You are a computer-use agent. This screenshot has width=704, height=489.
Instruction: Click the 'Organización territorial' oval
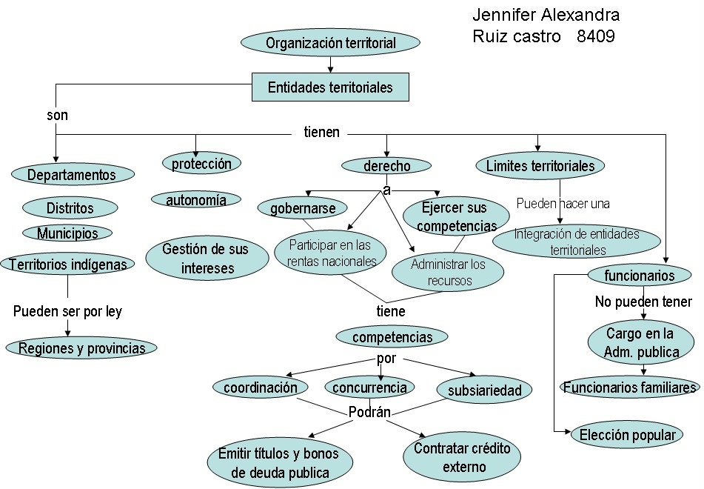[330, 43]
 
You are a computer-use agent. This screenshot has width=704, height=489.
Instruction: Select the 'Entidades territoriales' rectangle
[330, 87]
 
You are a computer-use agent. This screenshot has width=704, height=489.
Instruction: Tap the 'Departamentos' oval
[72, 175]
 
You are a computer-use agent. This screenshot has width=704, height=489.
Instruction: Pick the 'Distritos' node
[70, 208]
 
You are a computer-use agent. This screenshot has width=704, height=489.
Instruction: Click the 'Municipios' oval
[67, 233]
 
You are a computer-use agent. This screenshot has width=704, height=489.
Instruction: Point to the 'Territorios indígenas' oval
[67, 264]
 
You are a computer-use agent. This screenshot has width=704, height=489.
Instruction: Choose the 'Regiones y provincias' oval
[81, 348]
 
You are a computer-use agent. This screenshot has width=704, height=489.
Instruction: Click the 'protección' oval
[201, 164]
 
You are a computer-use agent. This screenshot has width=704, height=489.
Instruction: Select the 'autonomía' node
[196, 200]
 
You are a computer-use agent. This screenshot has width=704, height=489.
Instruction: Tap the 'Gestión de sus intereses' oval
[205, 258]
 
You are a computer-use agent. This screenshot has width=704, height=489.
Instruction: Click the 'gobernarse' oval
[303, 208]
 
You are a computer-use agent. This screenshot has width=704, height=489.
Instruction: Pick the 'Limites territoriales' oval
[540, 166]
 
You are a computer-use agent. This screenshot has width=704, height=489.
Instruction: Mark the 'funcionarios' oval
[639, 276]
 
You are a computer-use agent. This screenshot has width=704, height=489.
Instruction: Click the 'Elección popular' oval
[628, 435]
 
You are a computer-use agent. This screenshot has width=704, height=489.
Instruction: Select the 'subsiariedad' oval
[484, 390]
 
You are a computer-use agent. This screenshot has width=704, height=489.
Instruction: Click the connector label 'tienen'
[321, 133]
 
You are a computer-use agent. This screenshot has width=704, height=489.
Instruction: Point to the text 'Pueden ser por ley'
[67, 311]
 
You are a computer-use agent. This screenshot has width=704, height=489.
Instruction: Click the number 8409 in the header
[595, 36]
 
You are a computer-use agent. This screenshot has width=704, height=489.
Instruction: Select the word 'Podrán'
[369, 413]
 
